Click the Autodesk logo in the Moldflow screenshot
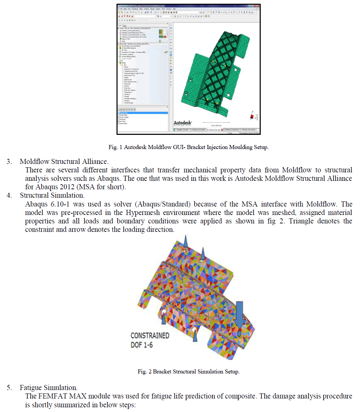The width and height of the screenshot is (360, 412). [183, 123]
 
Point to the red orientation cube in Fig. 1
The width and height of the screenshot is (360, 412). [252, 117]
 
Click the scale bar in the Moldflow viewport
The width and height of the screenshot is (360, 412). [216, 122]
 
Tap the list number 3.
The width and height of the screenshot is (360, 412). [9, 162]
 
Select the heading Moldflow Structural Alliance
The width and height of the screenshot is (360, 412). [64, 162]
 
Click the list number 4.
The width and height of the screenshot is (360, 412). [9, 195]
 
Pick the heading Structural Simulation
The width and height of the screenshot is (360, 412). [52, 195]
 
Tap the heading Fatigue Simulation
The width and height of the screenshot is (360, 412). [49, 388]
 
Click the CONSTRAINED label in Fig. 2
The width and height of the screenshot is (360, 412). [150, 336]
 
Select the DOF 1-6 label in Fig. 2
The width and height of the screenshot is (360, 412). [142, 345]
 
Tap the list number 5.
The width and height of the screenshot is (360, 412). [9, 388]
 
